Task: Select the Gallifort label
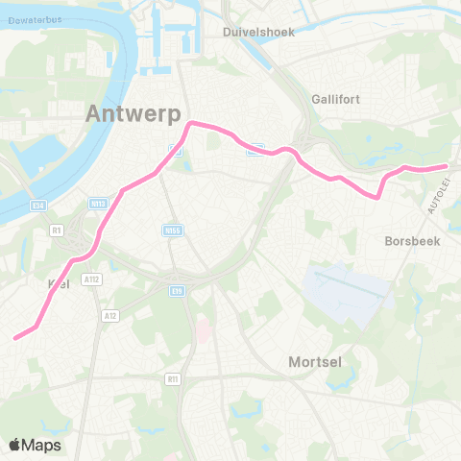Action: pyautogui.click(x=336, y=99)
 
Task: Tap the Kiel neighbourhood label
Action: pyautogui.click(x=60, y=285)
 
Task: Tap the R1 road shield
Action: pyautogui.click(x=58, y=230)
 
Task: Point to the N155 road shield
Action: pyautogui.click(x=172, y=230)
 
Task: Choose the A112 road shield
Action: pyautogui.click(x=91, y=279)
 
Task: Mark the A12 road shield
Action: pyautogui.click(x=110, y=314)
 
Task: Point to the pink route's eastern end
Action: pyautogui.click(x=447, y=166)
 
